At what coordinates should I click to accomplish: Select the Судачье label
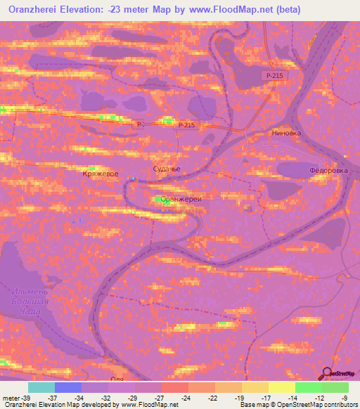click(x=167, y=169)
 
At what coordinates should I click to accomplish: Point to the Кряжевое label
click(x=99, y=173)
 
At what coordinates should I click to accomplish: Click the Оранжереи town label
click(x=181, y=199)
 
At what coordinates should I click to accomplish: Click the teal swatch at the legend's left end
click(x=41, y=387)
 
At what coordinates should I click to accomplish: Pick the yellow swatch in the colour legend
click(x=282, y=387)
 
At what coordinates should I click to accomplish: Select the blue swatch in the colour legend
click(x=68, y=387)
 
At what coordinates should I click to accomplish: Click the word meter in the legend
click(x=10, y=397)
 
